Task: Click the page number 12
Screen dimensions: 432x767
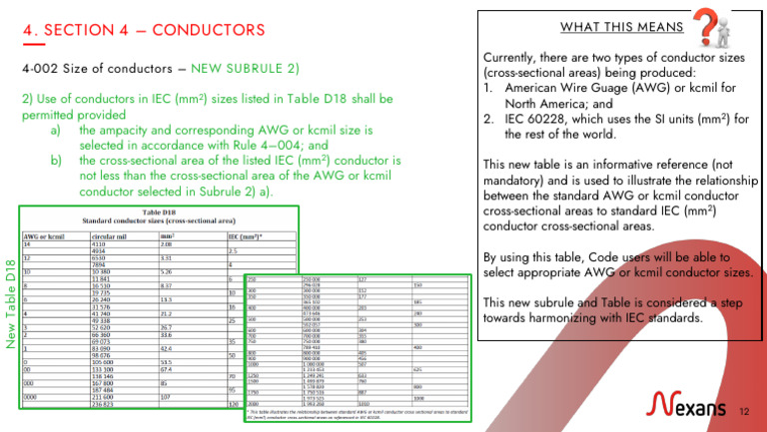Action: click(x=743, y=409)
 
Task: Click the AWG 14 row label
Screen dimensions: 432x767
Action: click(x=27, y=243)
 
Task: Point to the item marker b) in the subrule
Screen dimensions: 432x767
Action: click(x=56, y=159)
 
